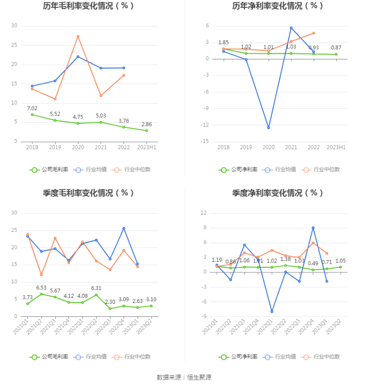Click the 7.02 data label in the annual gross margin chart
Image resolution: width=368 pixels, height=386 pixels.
click(32, 108)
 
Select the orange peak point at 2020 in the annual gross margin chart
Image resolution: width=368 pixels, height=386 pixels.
click(78, 37)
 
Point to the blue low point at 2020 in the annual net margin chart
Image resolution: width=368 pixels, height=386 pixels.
click(268, 128)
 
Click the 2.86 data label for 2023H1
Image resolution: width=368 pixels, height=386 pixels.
click(147, 124)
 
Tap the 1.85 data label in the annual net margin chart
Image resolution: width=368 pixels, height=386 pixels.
click(223, 42)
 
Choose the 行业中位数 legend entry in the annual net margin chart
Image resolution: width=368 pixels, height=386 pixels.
click(322, 170)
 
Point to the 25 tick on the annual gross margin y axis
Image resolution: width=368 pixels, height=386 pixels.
click(14, 45)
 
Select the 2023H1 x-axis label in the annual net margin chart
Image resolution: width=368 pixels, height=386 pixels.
click(337, 147)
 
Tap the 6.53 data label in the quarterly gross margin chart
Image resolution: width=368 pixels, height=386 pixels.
click(41, 287)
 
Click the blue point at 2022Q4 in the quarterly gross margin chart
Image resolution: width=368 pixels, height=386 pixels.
click(124, 229)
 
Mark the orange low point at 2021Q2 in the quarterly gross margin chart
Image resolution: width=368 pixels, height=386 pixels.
click(41, 275)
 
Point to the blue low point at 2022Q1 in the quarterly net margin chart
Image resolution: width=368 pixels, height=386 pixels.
click(272, 312)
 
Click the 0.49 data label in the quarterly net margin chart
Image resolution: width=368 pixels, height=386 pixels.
click(313, 263)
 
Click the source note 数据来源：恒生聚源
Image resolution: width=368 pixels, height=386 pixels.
click(184, 377)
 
